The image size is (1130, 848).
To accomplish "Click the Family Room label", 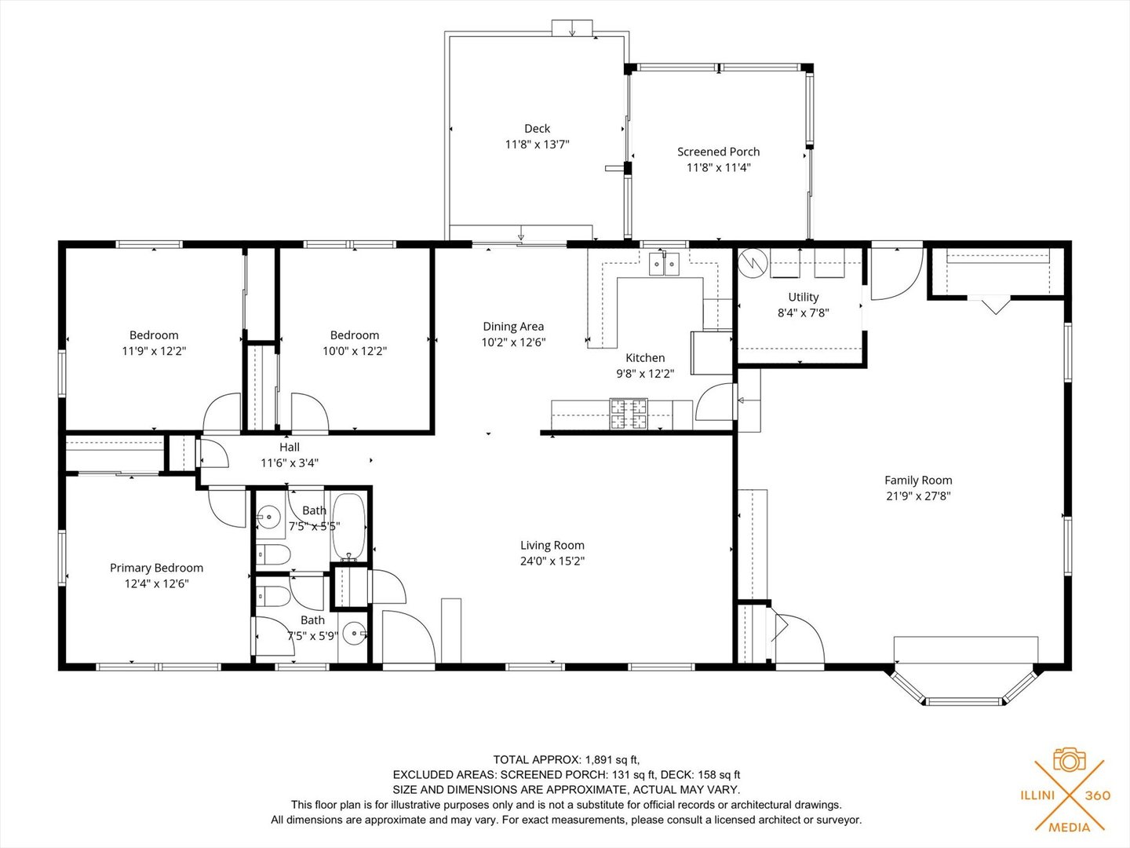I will click(x=918, y=481).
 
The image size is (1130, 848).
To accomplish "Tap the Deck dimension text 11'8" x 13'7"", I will click(x=537, y=144).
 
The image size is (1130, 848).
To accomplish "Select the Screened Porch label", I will click(x=718, y=152).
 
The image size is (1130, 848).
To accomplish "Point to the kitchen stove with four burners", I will click(x=629, y=414).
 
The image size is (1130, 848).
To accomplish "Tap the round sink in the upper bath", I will click(x=269, y=517).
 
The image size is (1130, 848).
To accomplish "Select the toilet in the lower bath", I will click(x=272, y=596).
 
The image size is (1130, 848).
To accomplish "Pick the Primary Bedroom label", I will click(x=156, y=568).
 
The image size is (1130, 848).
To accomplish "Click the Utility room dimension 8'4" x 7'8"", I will click(x=803, y=313).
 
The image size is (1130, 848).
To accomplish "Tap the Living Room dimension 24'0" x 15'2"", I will click(x=552, y=561).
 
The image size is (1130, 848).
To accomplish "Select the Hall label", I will click(x=290, y=448).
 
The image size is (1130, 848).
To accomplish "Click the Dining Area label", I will click(x=513, y=327).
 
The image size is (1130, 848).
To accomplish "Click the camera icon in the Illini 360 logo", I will click(x=1069, y=759).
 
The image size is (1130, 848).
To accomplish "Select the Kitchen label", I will click(x=645, y=358).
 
